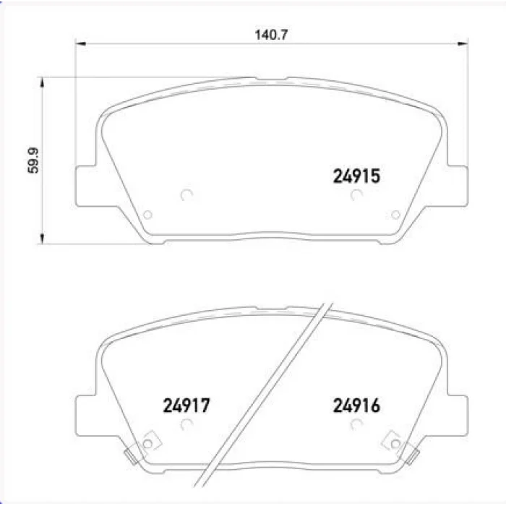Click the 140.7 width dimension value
[271, 35]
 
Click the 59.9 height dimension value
[33, 160]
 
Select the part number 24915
[356, 176]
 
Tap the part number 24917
[186, 406]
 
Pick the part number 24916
[356, 406]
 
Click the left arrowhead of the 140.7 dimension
[80, 43]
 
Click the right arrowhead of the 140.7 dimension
[463, 43]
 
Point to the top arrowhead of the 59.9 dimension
[42, 82]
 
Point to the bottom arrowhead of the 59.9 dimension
[42, 239]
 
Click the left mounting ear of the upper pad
[86, 186]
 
